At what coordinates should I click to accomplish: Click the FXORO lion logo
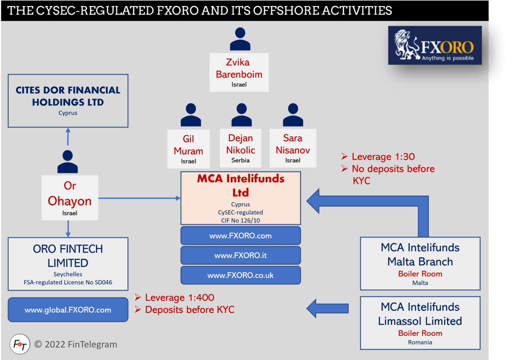434,46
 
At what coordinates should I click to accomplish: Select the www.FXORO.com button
241,236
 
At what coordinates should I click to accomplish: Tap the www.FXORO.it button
241,255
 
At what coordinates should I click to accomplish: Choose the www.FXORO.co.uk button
241,275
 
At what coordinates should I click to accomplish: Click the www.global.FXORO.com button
68,310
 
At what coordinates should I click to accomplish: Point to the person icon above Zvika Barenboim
240,39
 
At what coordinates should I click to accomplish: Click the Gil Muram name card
188,149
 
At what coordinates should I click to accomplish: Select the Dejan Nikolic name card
241,148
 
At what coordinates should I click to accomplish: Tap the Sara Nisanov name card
293,148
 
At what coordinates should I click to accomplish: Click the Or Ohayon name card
70,198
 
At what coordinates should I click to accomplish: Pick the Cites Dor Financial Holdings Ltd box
68,101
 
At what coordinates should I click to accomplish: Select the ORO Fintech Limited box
68,264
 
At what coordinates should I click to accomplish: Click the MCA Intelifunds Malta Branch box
420,264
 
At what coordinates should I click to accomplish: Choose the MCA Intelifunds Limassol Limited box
420,323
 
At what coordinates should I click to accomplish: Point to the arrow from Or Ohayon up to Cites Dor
68,136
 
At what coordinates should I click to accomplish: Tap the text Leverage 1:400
179,298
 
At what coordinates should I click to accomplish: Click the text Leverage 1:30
383,156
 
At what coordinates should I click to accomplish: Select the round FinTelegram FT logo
20,344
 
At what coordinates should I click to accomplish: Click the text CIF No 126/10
241,220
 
